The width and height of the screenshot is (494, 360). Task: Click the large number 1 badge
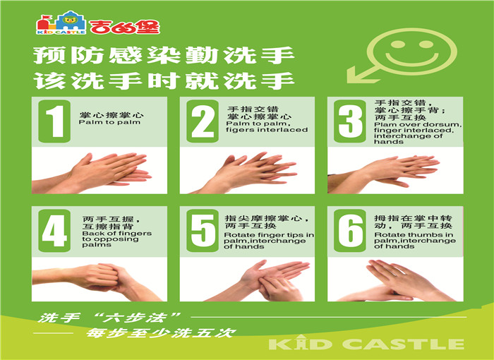point(54,121)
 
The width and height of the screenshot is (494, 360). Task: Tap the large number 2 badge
point(203,121)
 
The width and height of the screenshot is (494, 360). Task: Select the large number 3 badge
point(350,121)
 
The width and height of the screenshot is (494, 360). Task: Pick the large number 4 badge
point(54,230)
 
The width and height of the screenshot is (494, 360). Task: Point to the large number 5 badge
point(203,230)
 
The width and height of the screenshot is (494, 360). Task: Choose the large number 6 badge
point(350,230)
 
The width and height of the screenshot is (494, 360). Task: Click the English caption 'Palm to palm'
point(109,122)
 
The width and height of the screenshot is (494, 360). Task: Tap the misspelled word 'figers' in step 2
point(237,130)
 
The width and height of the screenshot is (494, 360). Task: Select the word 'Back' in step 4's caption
point(90,234)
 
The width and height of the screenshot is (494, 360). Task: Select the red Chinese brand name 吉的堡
point(124,27)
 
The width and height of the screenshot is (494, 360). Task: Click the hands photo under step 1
point(100,172)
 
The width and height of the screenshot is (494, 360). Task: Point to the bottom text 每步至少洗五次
point(161,333)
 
